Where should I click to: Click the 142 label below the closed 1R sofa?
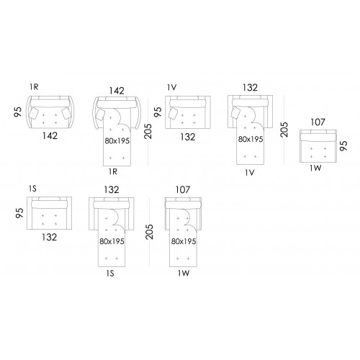50,136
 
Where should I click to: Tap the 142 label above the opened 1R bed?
117,91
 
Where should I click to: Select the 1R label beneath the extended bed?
113,171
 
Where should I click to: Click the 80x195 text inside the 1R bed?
117,141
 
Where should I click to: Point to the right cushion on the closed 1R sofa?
66,114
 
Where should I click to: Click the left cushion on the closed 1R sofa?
35,114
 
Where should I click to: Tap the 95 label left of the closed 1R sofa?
18,112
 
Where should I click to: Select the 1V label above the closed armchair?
172,88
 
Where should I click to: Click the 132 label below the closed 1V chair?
188,137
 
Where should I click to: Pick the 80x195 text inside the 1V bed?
251,139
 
